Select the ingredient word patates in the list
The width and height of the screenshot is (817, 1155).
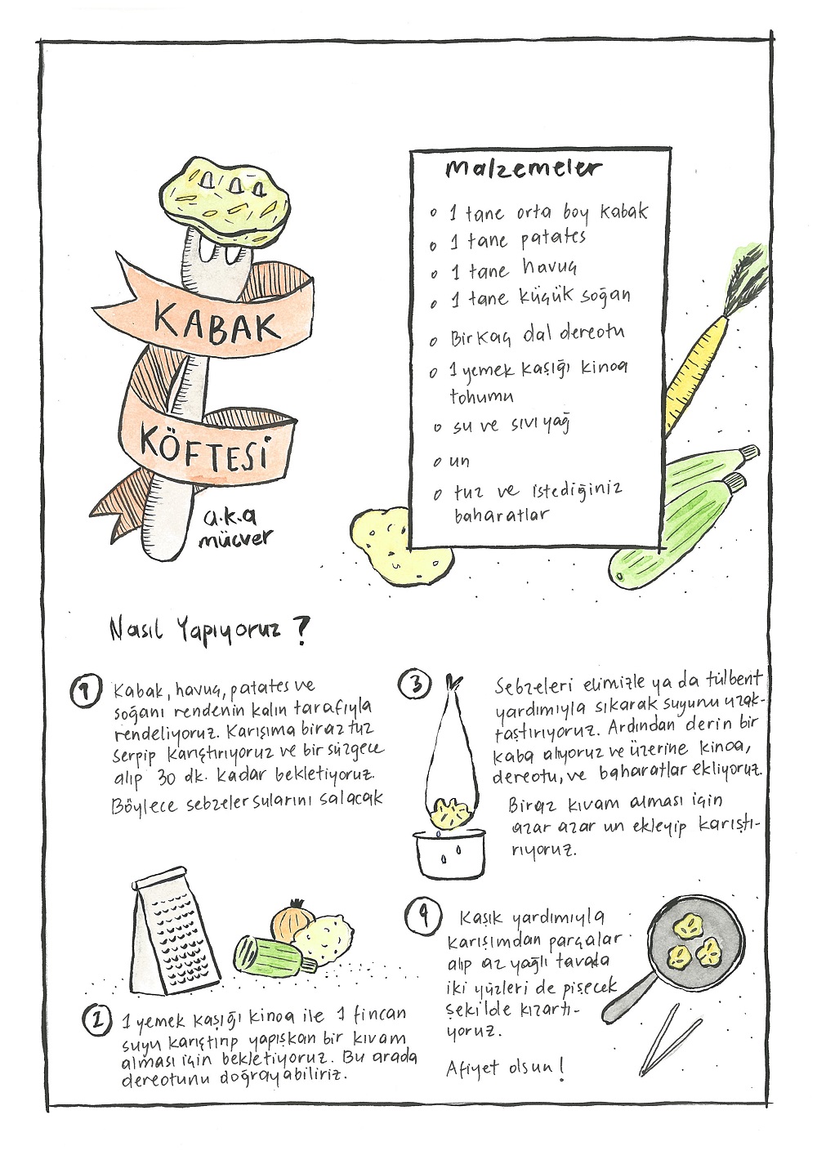point(552,239)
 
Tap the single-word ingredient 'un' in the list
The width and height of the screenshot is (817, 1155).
point(458,460)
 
